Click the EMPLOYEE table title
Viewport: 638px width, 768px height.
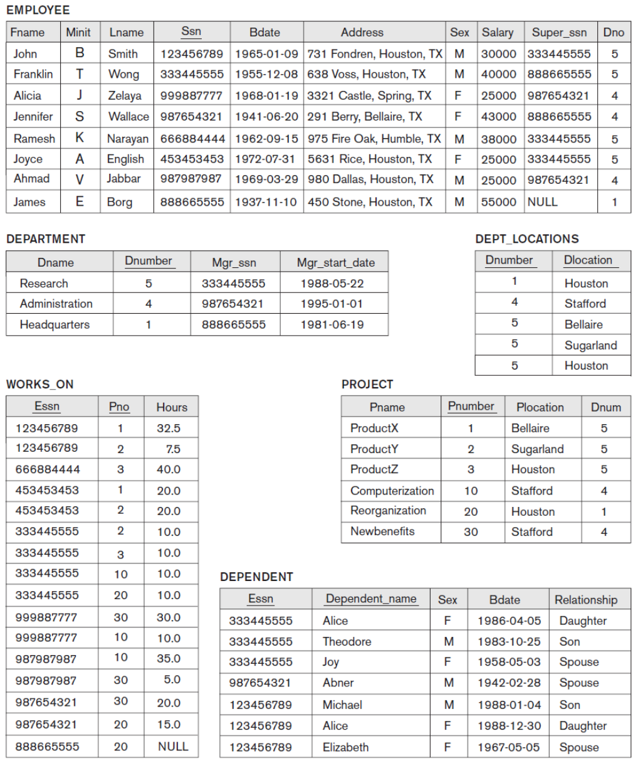click(x=38, y=10)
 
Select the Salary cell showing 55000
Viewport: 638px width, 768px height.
click(x=498, y=202)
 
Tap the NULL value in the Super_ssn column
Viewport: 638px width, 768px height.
click(x=542, y=202)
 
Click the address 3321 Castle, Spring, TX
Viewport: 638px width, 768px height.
click(x=369, y=95)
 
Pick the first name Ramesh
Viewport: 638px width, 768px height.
click(x=34, y=139)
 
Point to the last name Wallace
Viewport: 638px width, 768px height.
click(x=128, y=117)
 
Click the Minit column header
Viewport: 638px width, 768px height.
click(x=78, y=32)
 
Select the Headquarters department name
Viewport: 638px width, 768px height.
click(x=55, y=324)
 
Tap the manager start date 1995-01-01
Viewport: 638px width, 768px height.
click(x=332, y=304)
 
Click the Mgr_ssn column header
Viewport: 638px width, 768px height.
click(x=234, y=262)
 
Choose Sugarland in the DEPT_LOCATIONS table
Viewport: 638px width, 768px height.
click(x=590, y=345)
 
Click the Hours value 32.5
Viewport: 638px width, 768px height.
click(x=169, y=428)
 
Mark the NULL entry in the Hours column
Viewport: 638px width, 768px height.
click(x=173, y=746)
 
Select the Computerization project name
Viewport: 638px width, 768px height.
click(x=392, y=491)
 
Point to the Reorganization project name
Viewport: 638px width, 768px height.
click(x=388, y=511)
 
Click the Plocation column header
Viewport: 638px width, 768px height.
click(x=540, y=407)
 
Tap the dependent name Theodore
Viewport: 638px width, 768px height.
click(x=347, y=641)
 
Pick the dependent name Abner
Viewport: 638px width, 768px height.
click(x=338, y=683)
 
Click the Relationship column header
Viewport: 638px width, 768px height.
click(x=585, y=600)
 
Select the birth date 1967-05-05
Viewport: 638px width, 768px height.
click(x=508, y=747)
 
